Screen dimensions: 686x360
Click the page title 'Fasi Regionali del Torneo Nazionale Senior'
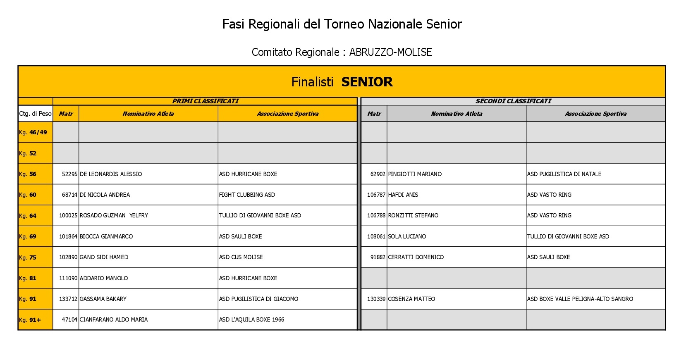tap(342, 24)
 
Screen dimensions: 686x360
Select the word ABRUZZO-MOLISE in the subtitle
tap(390, 52)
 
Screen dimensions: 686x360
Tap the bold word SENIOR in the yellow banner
tap(367, 82)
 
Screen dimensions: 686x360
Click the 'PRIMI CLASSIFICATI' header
tap(206, 101)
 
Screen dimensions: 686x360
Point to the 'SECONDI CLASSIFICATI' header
tap(513, 101)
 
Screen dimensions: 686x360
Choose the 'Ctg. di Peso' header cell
tap(36, 114)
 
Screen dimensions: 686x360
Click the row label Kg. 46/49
tap(33, 133)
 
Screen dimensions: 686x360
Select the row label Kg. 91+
tap(30, 320)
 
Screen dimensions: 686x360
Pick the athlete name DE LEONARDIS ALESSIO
tap(111, 174)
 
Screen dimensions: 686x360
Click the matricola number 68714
tap(69, 195)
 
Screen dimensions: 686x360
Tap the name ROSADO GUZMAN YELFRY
tap(114, 216)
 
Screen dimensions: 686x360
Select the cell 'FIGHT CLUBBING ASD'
tap(247, 195)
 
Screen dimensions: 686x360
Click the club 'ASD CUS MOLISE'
tap(241, 257)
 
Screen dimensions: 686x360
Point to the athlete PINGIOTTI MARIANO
tap(415, 174)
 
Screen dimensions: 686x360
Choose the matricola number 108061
tap(376, 237)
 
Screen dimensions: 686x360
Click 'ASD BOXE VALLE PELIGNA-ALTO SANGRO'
tap(580, 299)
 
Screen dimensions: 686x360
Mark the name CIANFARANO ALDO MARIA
tap(114, 320)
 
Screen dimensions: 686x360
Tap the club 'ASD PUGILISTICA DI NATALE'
tap(564, 174)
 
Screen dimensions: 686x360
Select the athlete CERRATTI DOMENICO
tap(416, 257)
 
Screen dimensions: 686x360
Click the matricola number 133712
tap(68, 299)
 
